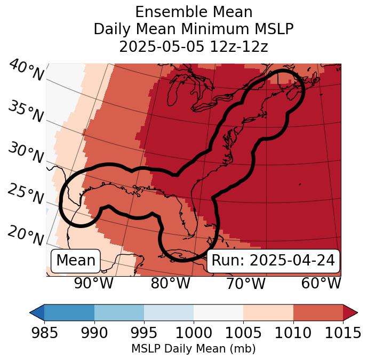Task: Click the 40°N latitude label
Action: tap(26, 71)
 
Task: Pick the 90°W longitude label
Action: tap(94, 284)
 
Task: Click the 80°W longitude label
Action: tap(171, 284)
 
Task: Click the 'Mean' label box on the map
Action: tap(76, 261)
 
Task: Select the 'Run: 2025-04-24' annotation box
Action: tap(273, 261)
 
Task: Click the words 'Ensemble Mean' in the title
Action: tap(194, 12)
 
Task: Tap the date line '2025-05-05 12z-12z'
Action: tap(194, 46)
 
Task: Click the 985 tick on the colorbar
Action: tap(44, 333)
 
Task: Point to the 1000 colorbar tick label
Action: tap(194, 333)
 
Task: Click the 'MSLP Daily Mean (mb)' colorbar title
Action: tap(194, 349)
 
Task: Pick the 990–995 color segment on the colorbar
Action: tap(119, 312)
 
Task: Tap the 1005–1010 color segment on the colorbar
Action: tap(268, 312)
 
